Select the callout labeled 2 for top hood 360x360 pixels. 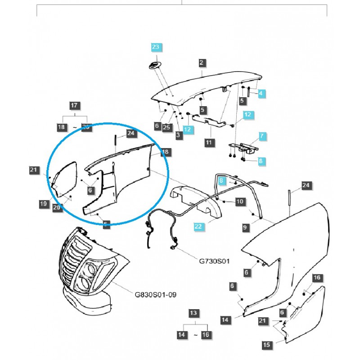click(201, 63)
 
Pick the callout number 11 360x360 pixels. click(208, 142)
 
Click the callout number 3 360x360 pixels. click(179, 135)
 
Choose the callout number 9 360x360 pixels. click(245, 228)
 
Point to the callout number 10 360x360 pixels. click(238, 201)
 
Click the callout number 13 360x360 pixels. click(193, 313)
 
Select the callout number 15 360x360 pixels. click(267, 345)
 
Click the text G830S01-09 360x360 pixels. click(156, 295)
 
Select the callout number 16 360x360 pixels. click(317, 278)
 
